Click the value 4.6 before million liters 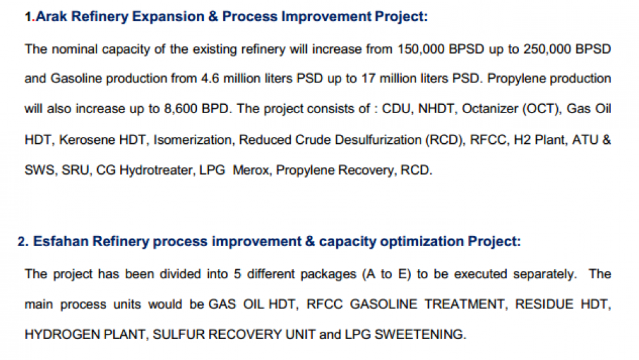pos(210,78)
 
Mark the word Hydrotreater pos(156,170)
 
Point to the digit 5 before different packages pos(238,274)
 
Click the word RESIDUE pos(544,304)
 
